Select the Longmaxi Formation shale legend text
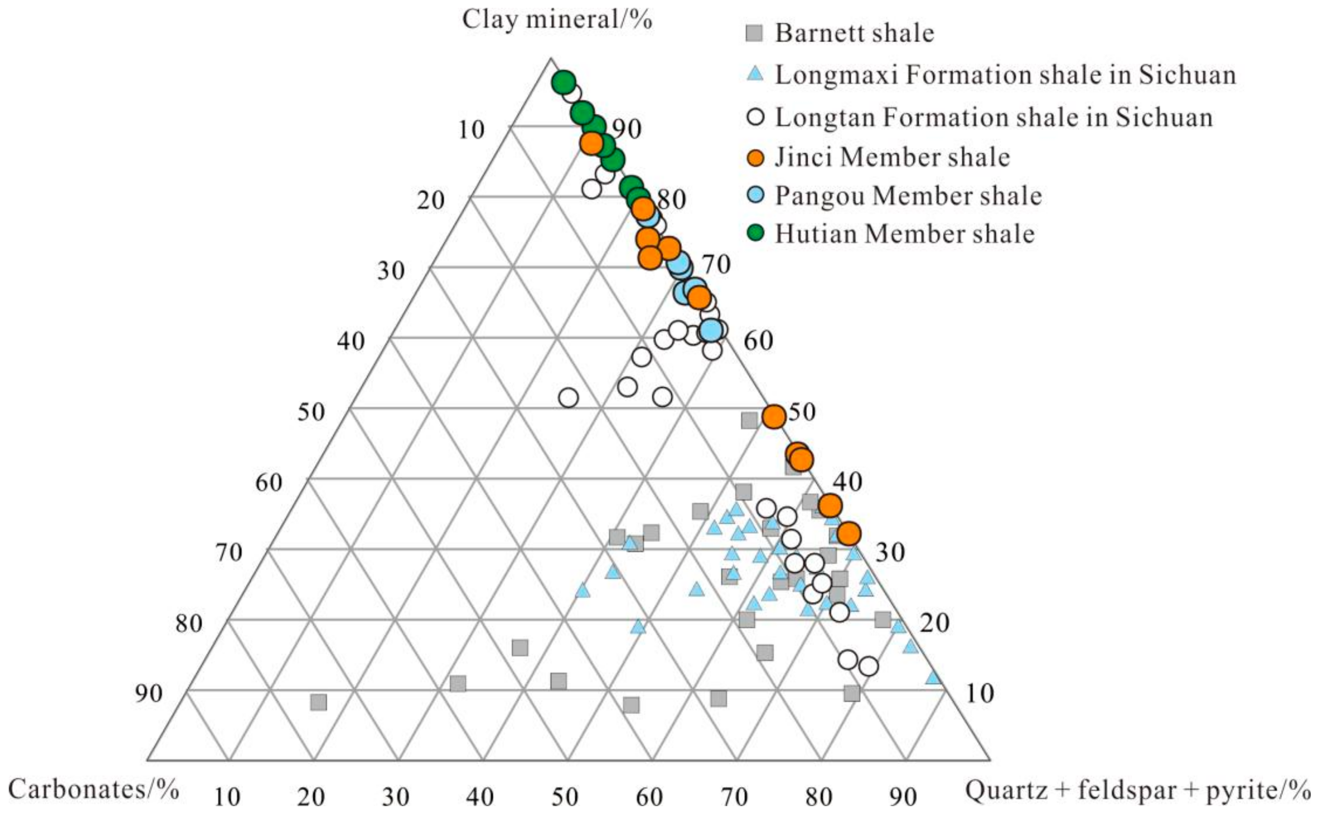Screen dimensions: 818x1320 pos(1006,75)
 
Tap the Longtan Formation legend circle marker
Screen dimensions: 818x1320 pos(756,117)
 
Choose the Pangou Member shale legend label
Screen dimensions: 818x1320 pos(908,196)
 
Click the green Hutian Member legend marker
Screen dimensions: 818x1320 pos(756,234)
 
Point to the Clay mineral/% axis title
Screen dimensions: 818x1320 pos(557,20)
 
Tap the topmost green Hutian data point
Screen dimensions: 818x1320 pos(563,83)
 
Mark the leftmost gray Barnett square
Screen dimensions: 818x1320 pos(319,703)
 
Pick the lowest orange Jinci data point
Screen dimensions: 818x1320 pos(848,534)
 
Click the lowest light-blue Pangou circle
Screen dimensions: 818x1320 pos(711,330)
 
